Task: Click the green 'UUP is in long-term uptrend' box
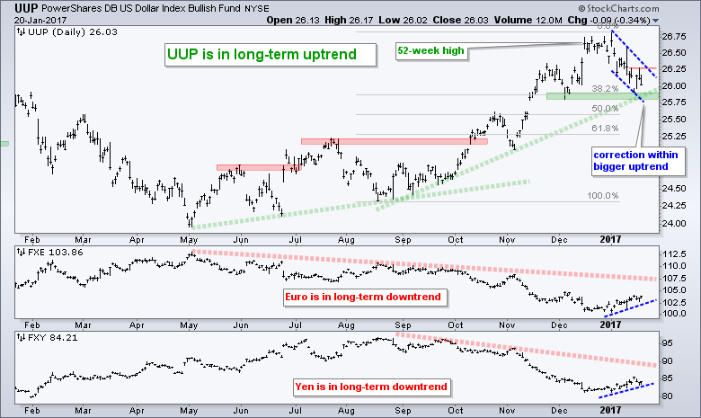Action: (258, 55)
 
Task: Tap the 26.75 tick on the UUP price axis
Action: (676, 37)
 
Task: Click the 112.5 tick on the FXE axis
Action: (679, 254)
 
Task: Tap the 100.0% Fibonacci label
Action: (604, 195)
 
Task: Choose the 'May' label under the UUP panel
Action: (187, 239)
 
